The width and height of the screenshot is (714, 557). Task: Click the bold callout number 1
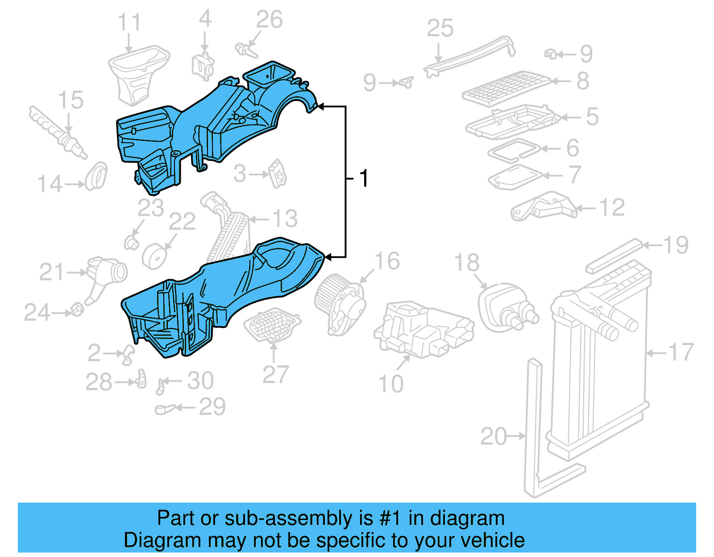tap(364, 178)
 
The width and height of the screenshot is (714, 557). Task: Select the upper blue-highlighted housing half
tap(210, 120)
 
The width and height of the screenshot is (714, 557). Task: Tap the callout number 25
tap(440, 28)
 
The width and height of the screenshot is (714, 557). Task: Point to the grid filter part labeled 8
tap(506, 87)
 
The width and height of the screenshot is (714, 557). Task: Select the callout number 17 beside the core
tap(680, 352)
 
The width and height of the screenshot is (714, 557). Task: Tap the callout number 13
tap(285, 219)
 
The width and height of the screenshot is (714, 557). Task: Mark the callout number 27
tap(275, 375)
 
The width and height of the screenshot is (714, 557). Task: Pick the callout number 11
tap(129, 22)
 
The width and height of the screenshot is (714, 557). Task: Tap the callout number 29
tap(212, 406)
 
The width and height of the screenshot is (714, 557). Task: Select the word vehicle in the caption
tap(492, 540)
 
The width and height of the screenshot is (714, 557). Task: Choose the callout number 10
tap(390, 384)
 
